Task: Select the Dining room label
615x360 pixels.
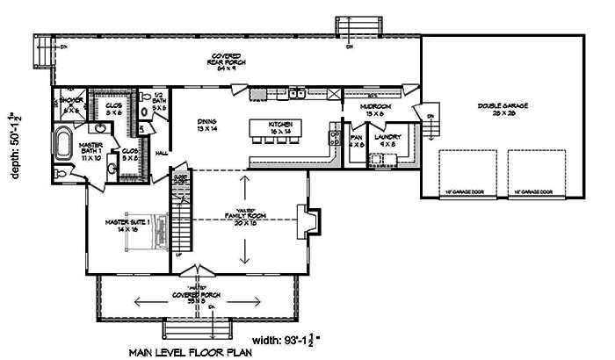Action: [x=206, y=125]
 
